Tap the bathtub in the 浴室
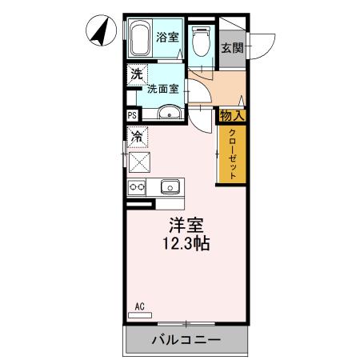(x=140, y=37)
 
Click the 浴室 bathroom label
(x=167, y=36)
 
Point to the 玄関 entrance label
(x=232, y=47)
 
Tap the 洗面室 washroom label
(x=162, y=89)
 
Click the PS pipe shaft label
(x=131, y=115)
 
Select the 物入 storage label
(x=232, y=115)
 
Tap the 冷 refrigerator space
(x=138, y=137)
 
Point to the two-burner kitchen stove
(x=136, y=188)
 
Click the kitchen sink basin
(x=170, y=188)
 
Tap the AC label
(x=139, y=306)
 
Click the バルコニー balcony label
(x=186, y=341)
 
